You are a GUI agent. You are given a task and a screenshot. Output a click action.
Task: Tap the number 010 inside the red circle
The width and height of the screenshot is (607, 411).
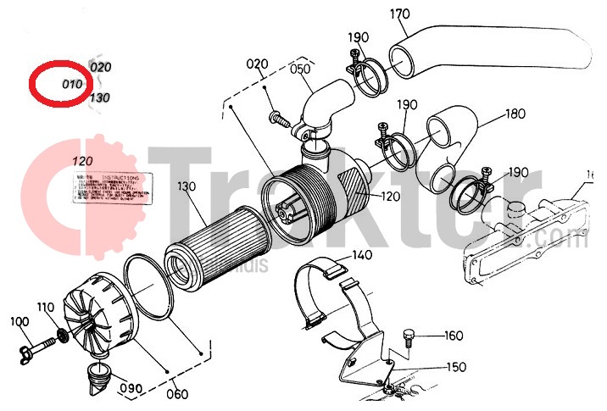[x=72, y=84]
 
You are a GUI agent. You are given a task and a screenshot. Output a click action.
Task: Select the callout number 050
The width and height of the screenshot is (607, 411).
[x=301, y=70]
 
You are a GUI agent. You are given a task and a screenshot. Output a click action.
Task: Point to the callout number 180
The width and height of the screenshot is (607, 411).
[x=515, y=114]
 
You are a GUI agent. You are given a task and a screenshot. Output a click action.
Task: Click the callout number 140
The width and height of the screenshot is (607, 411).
[x=362, y=254]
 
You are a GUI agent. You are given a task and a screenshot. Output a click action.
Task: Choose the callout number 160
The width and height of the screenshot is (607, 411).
[x=454, y=336]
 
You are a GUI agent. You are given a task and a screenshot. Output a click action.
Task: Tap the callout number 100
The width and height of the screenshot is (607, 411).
[x=19, y=321]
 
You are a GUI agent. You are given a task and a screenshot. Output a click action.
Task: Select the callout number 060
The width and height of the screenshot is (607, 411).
[x=178, y=393]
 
